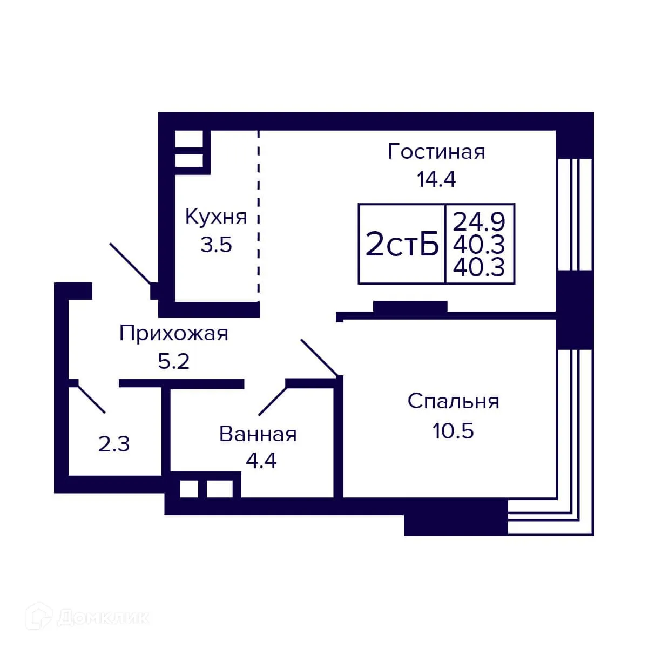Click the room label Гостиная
pyautogui.click(x=436, y=152)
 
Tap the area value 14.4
pyautogui.click(x=436, y=179)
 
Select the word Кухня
pyautogui.click(x=216, y=217)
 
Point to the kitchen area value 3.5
pyautogui.click(x=216, y=245)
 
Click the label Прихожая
pyautogui.click(x=174, y=334)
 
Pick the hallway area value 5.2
pyautogui.click(x=174, y=361)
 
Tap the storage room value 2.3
pyautogui.click(x=114, y=445)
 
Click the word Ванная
pyautogui.click(x=258, y=434)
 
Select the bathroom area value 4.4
pyautogui.click(x=261, y=461)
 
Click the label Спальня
pyautogui.click(x=454, y=402)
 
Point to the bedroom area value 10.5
pyautogui.click(x=453, y=431)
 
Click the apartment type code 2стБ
pyautogui.click(x=402, y=245)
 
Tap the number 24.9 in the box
pyautogui.click(x=479, y=221)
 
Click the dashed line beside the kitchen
pyautogui.click(x=258, y=216)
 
